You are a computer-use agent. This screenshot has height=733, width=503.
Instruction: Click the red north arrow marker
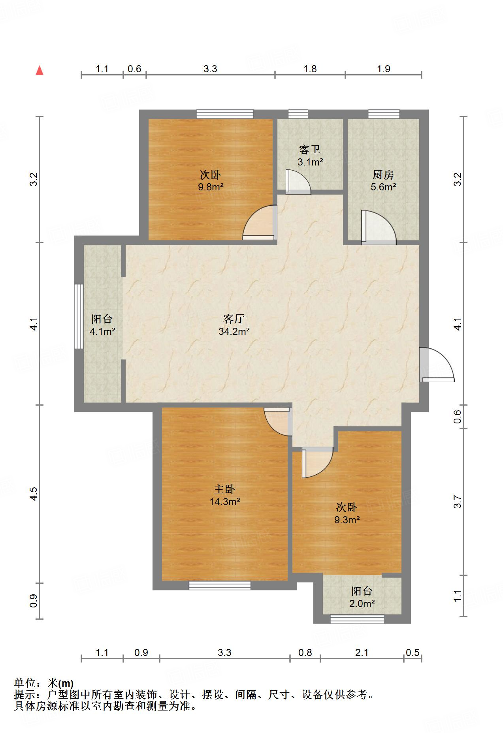pyautogui.click(x=40, y=71)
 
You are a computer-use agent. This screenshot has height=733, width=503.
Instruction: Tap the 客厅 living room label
pyautogui.click(x=234, y=318)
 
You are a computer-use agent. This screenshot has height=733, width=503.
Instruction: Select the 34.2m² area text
pyautogui.click(x=234, y=331)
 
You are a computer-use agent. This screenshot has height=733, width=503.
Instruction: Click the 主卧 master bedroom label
pyautogui.click(x=224, y=489)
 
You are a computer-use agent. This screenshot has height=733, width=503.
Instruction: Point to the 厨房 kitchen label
pyautogui.click(x=383, y=174)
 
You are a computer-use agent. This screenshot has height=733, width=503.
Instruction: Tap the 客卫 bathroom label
pyautogui.click(x=310, y=149)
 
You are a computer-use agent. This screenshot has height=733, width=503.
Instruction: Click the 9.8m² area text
pyautogui.click(x=211, y=187)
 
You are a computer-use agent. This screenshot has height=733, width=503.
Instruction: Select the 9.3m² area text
pyautogui.click(x=347, y=520)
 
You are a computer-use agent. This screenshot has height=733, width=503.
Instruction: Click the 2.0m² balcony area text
pyautogui.click(x=362, y=603)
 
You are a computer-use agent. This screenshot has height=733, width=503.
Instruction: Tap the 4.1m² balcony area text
pyautogui.click(x=102, y=331)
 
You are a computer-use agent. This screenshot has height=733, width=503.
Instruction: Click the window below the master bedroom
pyautogui.click(x=220, y=586)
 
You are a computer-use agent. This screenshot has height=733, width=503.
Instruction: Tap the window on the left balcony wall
pyautogui.click(x=79, y=316)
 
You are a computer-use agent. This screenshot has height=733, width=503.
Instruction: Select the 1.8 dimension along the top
pyautogui.click(x=310, y=69)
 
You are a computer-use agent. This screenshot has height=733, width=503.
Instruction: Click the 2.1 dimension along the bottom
pyautogui.click(x=362, y=652)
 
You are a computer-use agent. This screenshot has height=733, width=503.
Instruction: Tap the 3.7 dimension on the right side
pyautogui.click(x=457, y=502)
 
